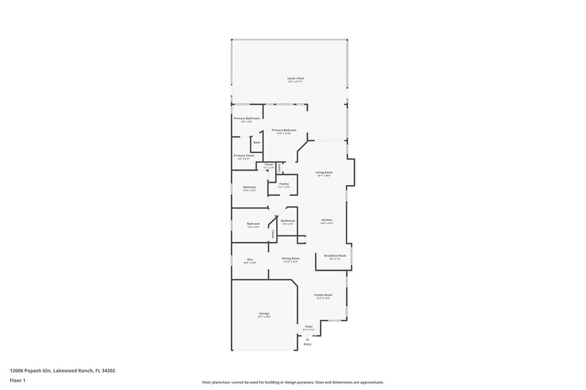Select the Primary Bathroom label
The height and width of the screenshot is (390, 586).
pyautogui.click(x=247, y=118)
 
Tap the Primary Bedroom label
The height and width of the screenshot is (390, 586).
pyautogui.click(x=283, y=130)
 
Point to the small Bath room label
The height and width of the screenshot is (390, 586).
pyautogui.click(x=256, y=142)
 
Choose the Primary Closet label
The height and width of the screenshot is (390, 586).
pyautogui.click(x=244, y=155)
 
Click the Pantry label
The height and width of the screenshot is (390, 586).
pyautogui.click(x=283, y=184)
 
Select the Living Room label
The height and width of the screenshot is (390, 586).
pyautogui.click(x=324, y=173)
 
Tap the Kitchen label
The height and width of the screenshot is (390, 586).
pyautogui.click(x=327, y=220)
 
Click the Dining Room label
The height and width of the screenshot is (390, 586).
pyautogui.click(x=291, y=258)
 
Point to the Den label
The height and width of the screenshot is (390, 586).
pyautogui.click(x=250, y=259)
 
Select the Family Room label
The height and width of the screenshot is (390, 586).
pyautogui.click(x=323, y=295)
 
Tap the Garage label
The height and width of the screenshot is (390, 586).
pyautogui.click(x=264, y=313)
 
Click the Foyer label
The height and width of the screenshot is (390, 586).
pyautogui.click(x=309, y=326)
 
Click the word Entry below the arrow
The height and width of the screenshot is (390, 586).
pyautogui.click(x=309, y=344)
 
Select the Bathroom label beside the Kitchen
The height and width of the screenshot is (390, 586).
pyautogui.click(x=288, y=220)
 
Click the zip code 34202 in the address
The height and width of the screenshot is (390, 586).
pyautogui.click(x=107, y=371)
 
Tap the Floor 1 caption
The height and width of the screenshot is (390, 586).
pyautogui.click(x=18, y=380)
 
